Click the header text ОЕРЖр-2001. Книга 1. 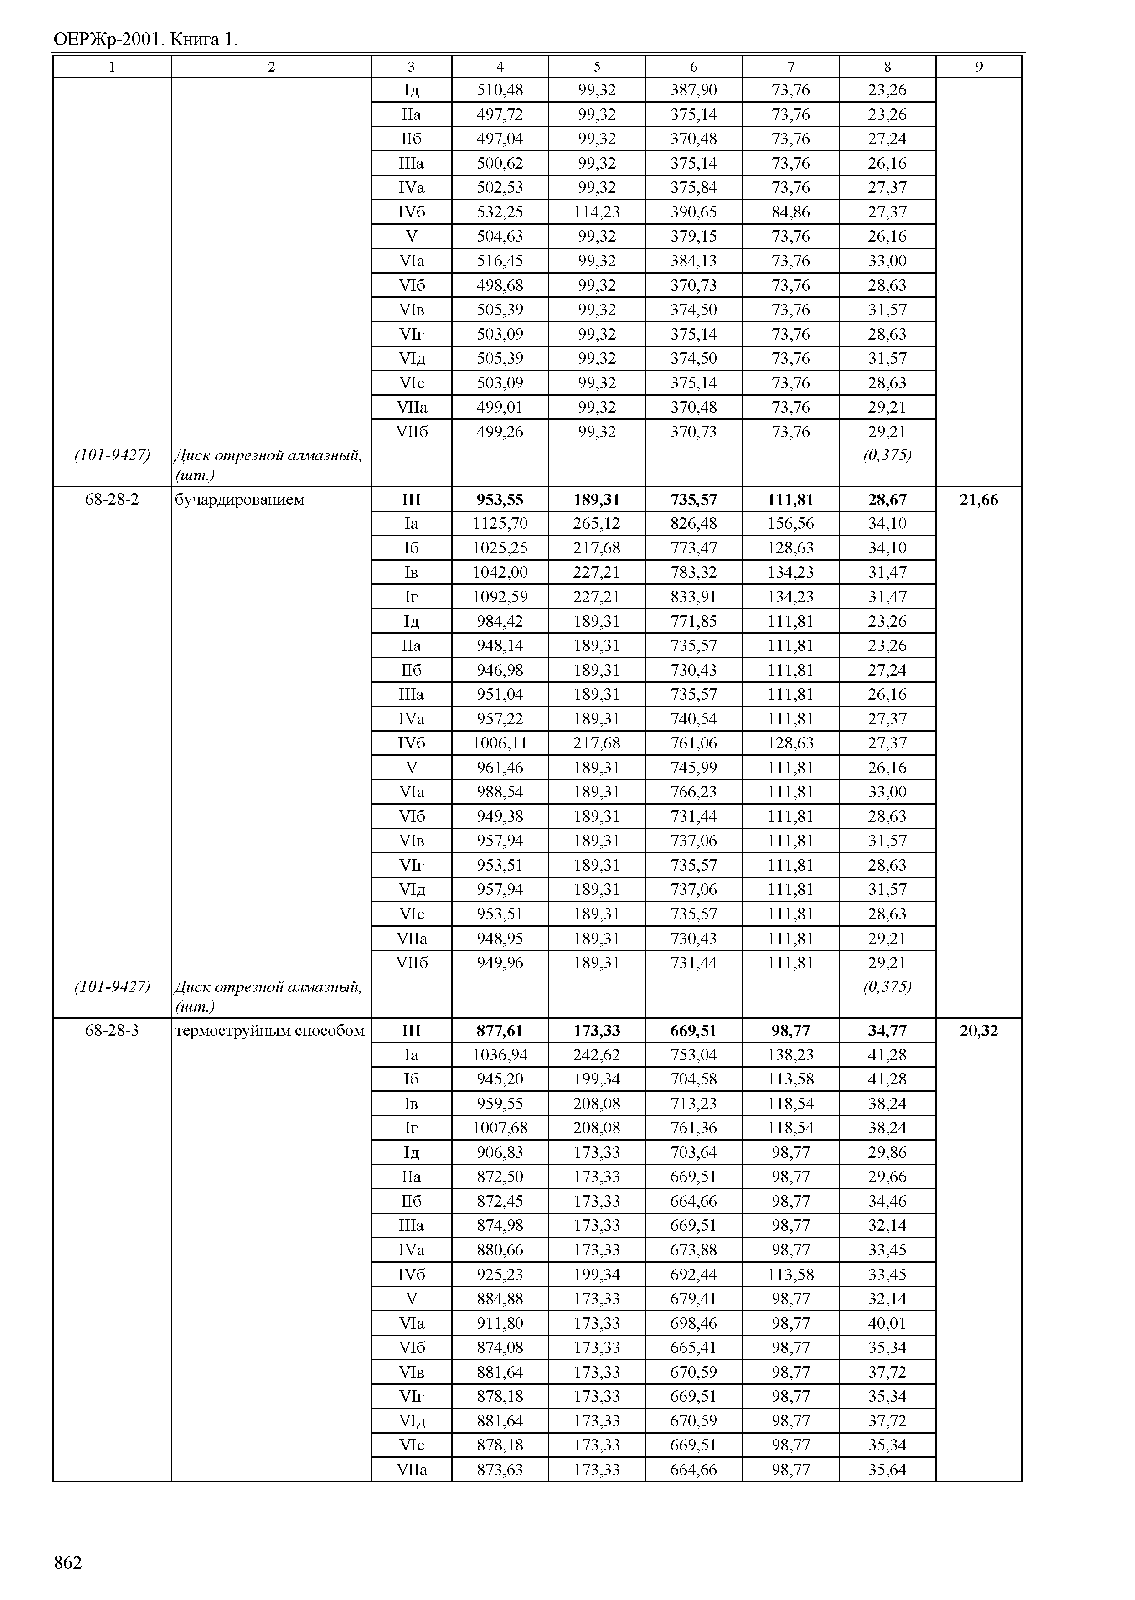pos(145,40)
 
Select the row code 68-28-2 pos(112,500)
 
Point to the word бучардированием pos(240,500)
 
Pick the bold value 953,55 pos(500,500)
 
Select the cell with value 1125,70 pos(500,524)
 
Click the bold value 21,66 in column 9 pos(979,500)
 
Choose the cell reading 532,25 pos(500,212)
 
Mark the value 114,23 pos(597,212)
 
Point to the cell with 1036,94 pos(500,1055)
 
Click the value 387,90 pos(693,89)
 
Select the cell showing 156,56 pos(790,524)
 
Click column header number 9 pos(979,67)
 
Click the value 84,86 pos(790,212)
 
